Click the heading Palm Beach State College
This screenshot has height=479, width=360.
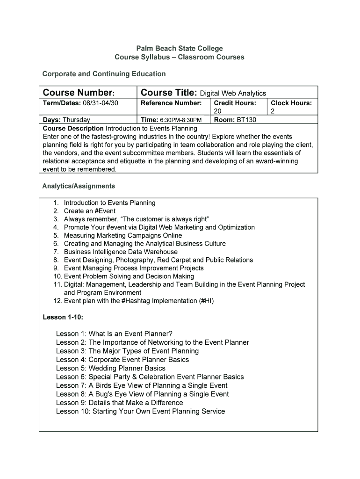tap(180, 48)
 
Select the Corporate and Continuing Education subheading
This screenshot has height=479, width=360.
tap(104, 74)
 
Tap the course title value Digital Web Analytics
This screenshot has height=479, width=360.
tap(233, 94)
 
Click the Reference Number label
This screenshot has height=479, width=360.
tap(171, 103)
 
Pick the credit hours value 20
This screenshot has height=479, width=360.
tap(217, 111)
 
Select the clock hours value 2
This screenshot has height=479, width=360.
tap(273, 111)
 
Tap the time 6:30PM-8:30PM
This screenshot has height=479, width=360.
tap(181, 120)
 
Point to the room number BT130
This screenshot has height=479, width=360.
tap(246, 120)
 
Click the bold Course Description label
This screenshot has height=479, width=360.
tap(73, 128)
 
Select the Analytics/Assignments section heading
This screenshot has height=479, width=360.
tap(79, 186)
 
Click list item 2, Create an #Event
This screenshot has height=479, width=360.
tap(90, 211)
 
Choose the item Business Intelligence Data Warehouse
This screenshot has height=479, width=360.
tap(121, 252)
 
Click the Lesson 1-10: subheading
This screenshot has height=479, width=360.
tap(63, 317)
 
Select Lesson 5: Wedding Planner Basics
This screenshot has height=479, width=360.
tap(110, 368)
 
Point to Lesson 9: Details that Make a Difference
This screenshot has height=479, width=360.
tap(119, 403)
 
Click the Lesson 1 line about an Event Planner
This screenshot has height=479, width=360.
tap(114, 334)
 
